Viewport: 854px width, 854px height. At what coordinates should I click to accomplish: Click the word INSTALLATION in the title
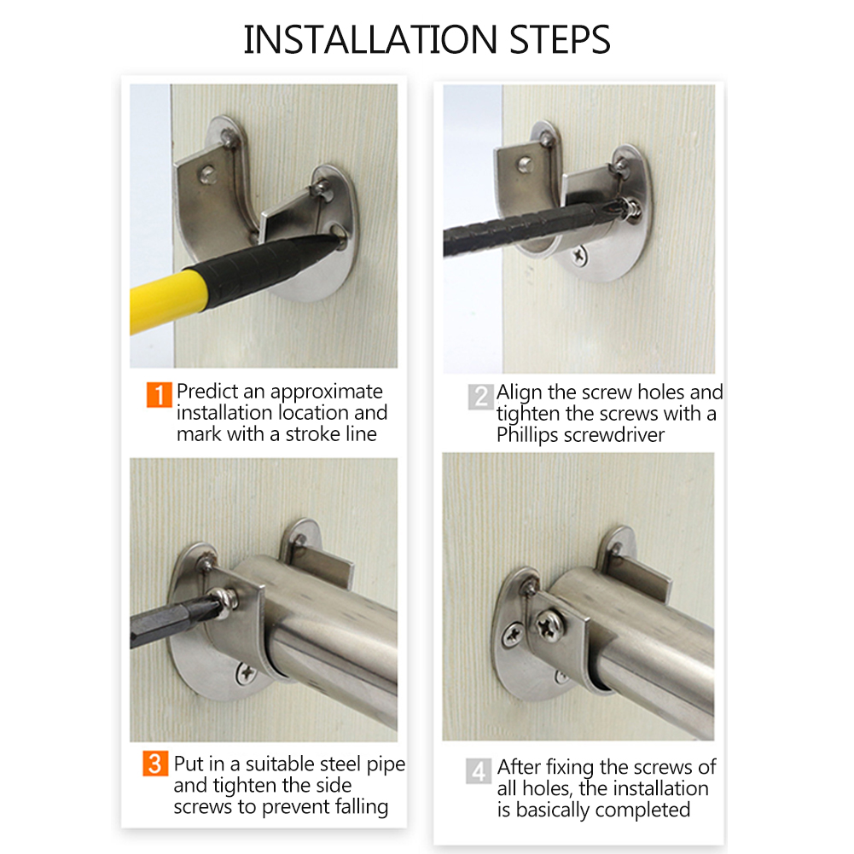[369, 40]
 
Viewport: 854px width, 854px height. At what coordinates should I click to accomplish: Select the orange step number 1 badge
[159, 394]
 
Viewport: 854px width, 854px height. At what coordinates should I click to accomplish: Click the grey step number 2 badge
[481, 397]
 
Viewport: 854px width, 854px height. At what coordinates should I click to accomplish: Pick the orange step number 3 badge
[155, 764]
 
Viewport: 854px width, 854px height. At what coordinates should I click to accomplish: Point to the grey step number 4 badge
[479, 770]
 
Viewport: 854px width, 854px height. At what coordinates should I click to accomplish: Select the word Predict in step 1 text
[206, 391]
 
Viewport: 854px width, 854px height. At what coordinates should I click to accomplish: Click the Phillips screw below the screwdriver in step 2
[579, 255]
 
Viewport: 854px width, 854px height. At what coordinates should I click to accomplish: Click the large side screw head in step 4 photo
[550, 626]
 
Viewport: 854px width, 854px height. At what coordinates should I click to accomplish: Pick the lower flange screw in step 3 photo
[247, 674]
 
